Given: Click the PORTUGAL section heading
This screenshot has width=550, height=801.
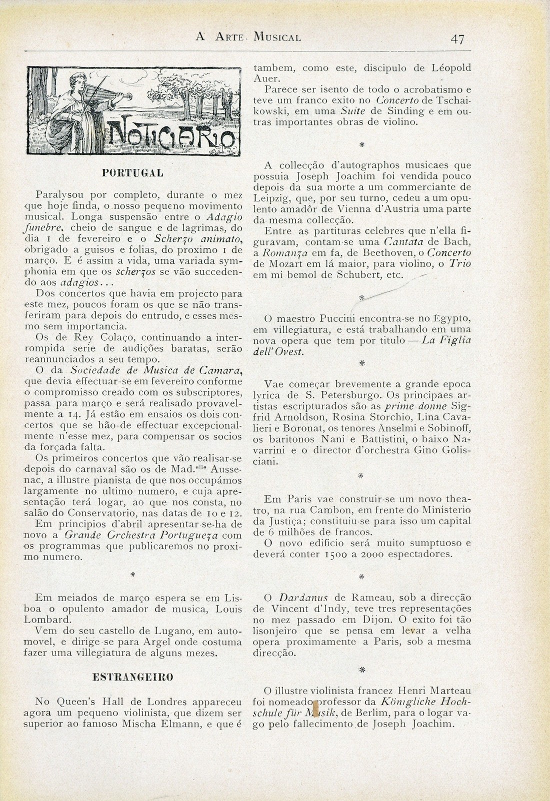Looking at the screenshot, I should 132,173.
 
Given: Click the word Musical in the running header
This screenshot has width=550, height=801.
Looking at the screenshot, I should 277,37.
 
